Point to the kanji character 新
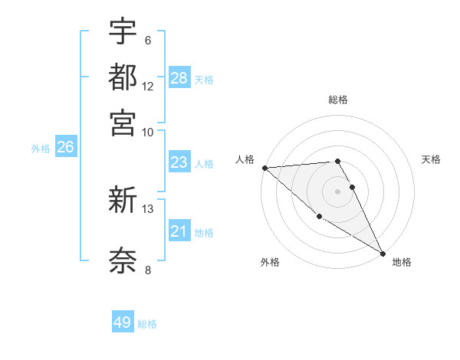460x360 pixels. pyautogui.click(x=123, y=201)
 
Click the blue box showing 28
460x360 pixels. pyautogui.click(x=179, y=78)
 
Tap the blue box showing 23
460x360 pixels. pyautogui.click(x=179, y=162)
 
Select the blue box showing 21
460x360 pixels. pyautogui.click(x=179, y=231)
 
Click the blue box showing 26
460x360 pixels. pyautogui.click(x=65, y=148)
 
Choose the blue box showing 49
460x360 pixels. pyautogui.click(x=123, y=322)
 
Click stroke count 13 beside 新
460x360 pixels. pyautogui.click(x=148, y=208)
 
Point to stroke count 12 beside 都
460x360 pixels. pyautogui.click(x=148, y=86)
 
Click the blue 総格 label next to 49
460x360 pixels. pyautogui.click(x=147, y=324)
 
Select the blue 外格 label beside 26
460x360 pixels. pyautogui.click(x=41, y=149)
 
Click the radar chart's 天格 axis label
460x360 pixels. pyautogui.click(x=431, y=159)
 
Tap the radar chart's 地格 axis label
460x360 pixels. pyautogui.click(x=402, y=262)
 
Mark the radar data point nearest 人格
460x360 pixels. pyautogui.click(x=264, y=168)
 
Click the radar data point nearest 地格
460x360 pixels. pyautogui.click(x=383, y=253)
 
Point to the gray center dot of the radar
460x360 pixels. pyautogui.click(x=338, y=191)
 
